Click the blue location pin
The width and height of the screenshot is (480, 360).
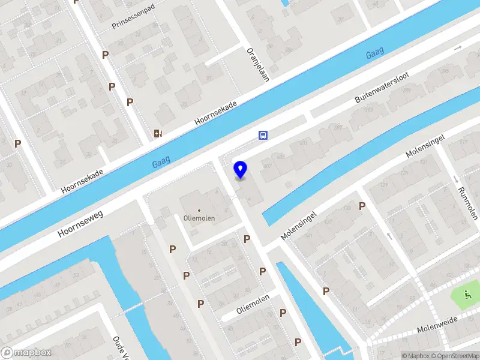pyautogui.click(x=241, y=169)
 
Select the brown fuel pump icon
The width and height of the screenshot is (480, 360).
pyautogui.click(x=158, y=134)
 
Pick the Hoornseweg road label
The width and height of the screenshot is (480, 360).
pyautogui.click(x=81, y=223)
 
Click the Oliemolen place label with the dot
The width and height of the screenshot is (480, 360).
pyautogui.click(x=200, y=218)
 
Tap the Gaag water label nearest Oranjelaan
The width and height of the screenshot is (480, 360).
pyautogui.click(x=376, y=54)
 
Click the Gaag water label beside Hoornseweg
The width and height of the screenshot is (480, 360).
pyautogui.click(x=161, y=161)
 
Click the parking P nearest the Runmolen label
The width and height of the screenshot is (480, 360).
pyautogui.click(x=362, y=206)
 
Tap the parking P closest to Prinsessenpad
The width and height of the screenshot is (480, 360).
pyautogui.click(x=105, y=55)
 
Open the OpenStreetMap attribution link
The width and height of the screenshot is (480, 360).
pyautogui.click(x=454, y=356)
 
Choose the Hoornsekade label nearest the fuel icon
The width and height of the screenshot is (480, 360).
pyautogui.click(x=216, y=113)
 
